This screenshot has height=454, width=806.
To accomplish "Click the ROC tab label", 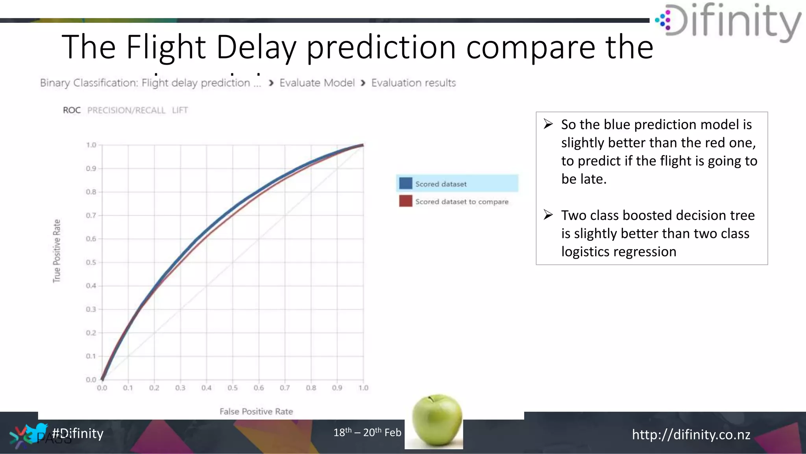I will [x=72, y=110].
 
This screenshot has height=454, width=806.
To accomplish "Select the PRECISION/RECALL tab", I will [x=126, y=110].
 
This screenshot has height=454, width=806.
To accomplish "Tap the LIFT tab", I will [x=180, y=110].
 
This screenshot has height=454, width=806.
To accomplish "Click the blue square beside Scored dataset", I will [x=405, y=184].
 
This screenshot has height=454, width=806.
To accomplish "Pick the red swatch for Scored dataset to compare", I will [x=405, y=201].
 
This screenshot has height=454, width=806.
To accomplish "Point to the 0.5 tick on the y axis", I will [x=91, y=262].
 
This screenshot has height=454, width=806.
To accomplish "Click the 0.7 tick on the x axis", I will [x=285, y=388].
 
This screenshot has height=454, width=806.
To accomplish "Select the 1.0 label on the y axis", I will [x=91, y=145].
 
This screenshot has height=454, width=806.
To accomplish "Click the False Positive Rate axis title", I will [x=256, y=411].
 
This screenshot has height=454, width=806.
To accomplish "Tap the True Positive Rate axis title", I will [x=57, y=251].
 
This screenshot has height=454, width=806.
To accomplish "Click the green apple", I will [x=436, y=420].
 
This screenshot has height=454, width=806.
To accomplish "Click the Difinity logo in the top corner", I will [x=728, y=22].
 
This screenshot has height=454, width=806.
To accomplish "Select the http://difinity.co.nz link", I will [x=691, y=434].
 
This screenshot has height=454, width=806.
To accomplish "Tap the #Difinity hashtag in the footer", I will [x=78, y=433].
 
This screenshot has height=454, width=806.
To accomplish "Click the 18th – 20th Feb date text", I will [x=367, y=432].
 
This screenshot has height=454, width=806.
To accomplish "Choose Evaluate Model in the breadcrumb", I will [x=317, y=83].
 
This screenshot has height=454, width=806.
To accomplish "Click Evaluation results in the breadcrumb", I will [x=413, y=83].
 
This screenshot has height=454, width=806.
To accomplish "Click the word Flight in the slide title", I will [x=166, y=47].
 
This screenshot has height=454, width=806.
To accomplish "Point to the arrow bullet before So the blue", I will [x=548, y=124].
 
